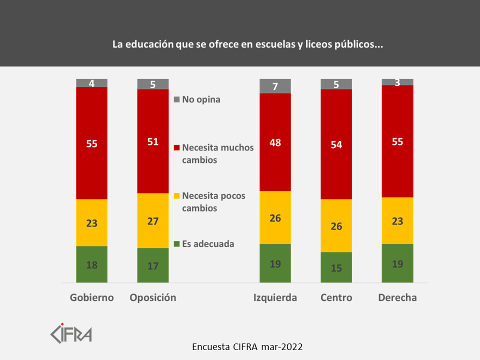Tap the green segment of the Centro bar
336,267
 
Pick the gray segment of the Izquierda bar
275,86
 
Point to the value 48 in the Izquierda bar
275,142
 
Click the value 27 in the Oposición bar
153,221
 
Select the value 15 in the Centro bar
336,268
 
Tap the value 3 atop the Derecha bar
397,82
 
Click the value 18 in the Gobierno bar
91,265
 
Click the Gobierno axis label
91,297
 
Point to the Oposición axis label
153,297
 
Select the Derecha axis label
397,297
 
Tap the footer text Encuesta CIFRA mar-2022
247,346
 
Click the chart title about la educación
247,44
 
